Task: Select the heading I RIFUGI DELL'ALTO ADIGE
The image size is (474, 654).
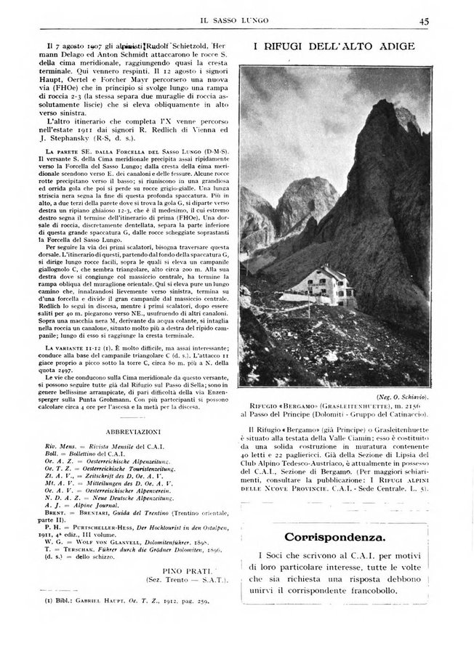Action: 334,47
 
